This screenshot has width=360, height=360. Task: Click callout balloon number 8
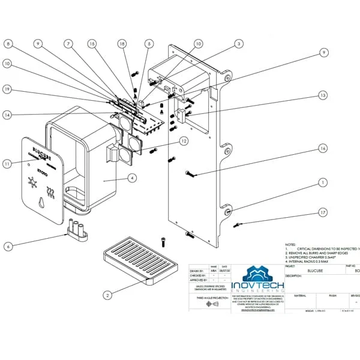point(8,43)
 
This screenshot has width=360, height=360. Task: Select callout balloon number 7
point(70,43)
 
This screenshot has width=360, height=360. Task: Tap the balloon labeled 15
point(92,43)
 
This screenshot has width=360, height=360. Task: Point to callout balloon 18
point(122,43)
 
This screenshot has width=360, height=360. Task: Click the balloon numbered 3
point(238,43)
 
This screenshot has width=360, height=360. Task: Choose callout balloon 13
point(323,95)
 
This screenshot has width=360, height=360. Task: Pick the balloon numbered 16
point(323,148)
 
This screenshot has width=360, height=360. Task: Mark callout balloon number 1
point(323,181)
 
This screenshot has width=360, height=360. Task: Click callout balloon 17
point(323,212)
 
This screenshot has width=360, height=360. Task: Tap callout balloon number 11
point(7,163)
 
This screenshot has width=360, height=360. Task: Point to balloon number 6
point(7,246)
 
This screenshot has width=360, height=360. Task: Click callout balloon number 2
point(107,295)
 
